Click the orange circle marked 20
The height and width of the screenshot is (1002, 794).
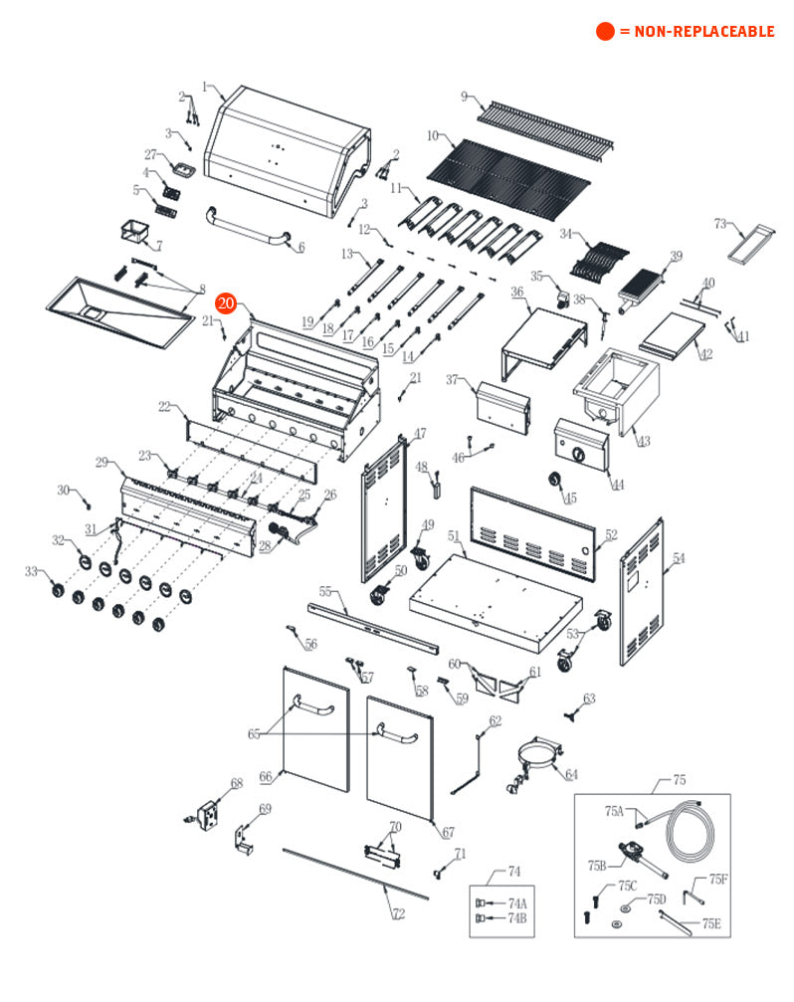pos(226,303)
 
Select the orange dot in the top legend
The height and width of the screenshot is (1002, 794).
pos(605,32)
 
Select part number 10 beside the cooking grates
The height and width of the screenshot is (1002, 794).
pos(433,135)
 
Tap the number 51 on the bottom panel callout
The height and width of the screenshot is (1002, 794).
pos(454,536)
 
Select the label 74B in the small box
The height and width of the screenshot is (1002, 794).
pos(517,918)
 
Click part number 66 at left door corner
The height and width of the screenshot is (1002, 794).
pos(265,776)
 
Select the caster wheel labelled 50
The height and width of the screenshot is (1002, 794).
pos(380,597)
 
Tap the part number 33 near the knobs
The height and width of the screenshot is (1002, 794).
pos(32,571)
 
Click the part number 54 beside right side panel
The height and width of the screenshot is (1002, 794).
pos(679,559)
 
